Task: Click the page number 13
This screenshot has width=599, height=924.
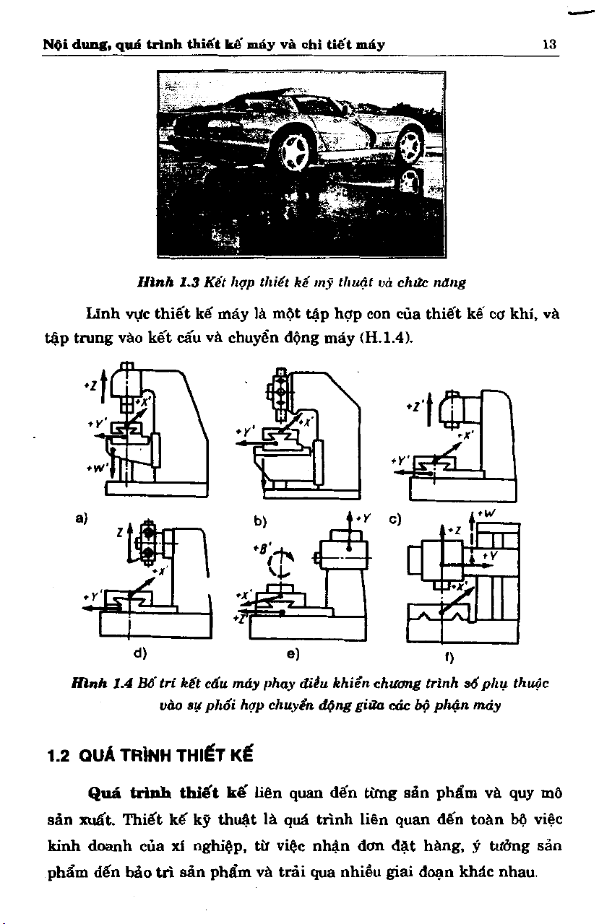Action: point(549,44)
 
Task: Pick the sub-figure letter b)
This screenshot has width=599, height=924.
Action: point(259,519)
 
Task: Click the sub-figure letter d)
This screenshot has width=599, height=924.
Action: point(141,654)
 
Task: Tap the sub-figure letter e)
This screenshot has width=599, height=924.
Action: point(293,654)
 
